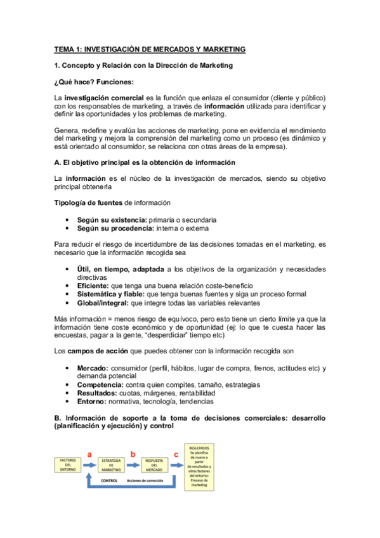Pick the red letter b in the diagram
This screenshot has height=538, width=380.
(133, 453)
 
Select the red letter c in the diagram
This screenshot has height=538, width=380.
(176, 453)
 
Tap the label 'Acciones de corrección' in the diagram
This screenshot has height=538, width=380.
(145, 481)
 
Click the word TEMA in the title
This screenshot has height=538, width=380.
(63, 49)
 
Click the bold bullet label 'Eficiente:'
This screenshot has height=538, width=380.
(93, 285)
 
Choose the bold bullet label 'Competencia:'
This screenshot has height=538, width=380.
(100, 384)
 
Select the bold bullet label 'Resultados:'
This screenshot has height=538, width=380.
(98, 393)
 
